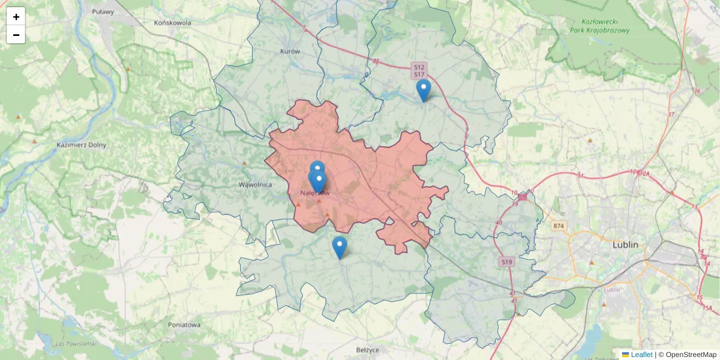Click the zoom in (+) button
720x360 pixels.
(x=16, y=17)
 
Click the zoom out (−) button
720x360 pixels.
(x=16, y=35)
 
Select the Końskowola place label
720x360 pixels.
(x=172, y=23)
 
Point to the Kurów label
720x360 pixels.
(x=290, y=52)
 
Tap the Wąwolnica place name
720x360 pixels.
(x=256, y=184)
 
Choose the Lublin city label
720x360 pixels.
(x=625, y=245)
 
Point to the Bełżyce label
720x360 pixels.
(x=368, y=349)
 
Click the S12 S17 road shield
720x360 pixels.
(x=418, y=70)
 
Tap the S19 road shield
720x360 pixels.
(x=507, y=262)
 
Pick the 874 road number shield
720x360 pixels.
(x=559, y=226)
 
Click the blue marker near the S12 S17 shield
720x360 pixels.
(x=424, y=90)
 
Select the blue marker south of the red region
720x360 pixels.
(x=340, y=247)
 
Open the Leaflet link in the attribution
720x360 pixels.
(x=641, y=355)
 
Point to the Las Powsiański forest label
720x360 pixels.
(x=76, y=343)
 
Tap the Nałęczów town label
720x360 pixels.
(x=315, y=193)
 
